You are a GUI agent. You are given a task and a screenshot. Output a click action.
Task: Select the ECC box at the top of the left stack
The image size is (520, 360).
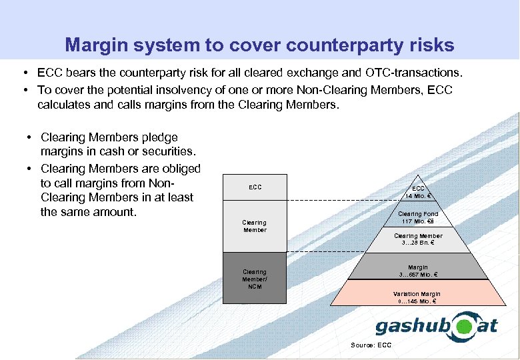[x=255, y=188]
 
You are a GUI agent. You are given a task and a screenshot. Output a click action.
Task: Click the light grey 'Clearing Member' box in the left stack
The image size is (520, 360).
[x=255, y=226]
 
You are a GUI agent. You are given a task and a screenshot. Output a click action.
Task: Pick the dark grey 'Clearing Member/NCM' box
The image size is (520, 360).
[x=255, y=279]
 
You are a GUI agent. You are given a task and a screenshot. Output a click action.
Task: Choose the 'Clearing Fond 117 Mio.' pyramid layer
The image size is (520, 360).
[x=418, y=217]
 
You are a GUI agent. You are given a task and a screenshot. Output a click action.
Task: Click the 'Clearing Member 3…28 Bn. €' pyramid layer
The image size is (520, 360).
[x=418, y=239]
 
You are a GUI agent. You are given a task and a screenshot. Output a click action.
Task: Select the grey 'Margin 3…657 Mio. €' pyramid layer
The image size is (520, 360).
[x=418, y=271]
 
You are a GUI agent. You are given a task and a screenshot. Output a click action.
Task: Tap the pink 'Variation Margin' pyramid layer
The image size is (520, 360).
[x=418, y=297]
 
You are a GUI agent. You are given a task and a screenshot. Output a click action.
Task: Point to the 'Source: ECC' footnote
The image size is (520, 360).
[x=371, y=345]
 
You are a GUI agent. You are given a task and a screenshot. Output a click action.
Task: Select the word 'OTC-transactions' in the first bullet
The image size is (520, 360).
[x=417, y=71]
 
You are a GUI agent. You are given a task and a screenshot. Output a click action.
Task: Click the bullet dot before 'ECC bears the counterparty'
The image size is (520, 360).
[x=24, y=71]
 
